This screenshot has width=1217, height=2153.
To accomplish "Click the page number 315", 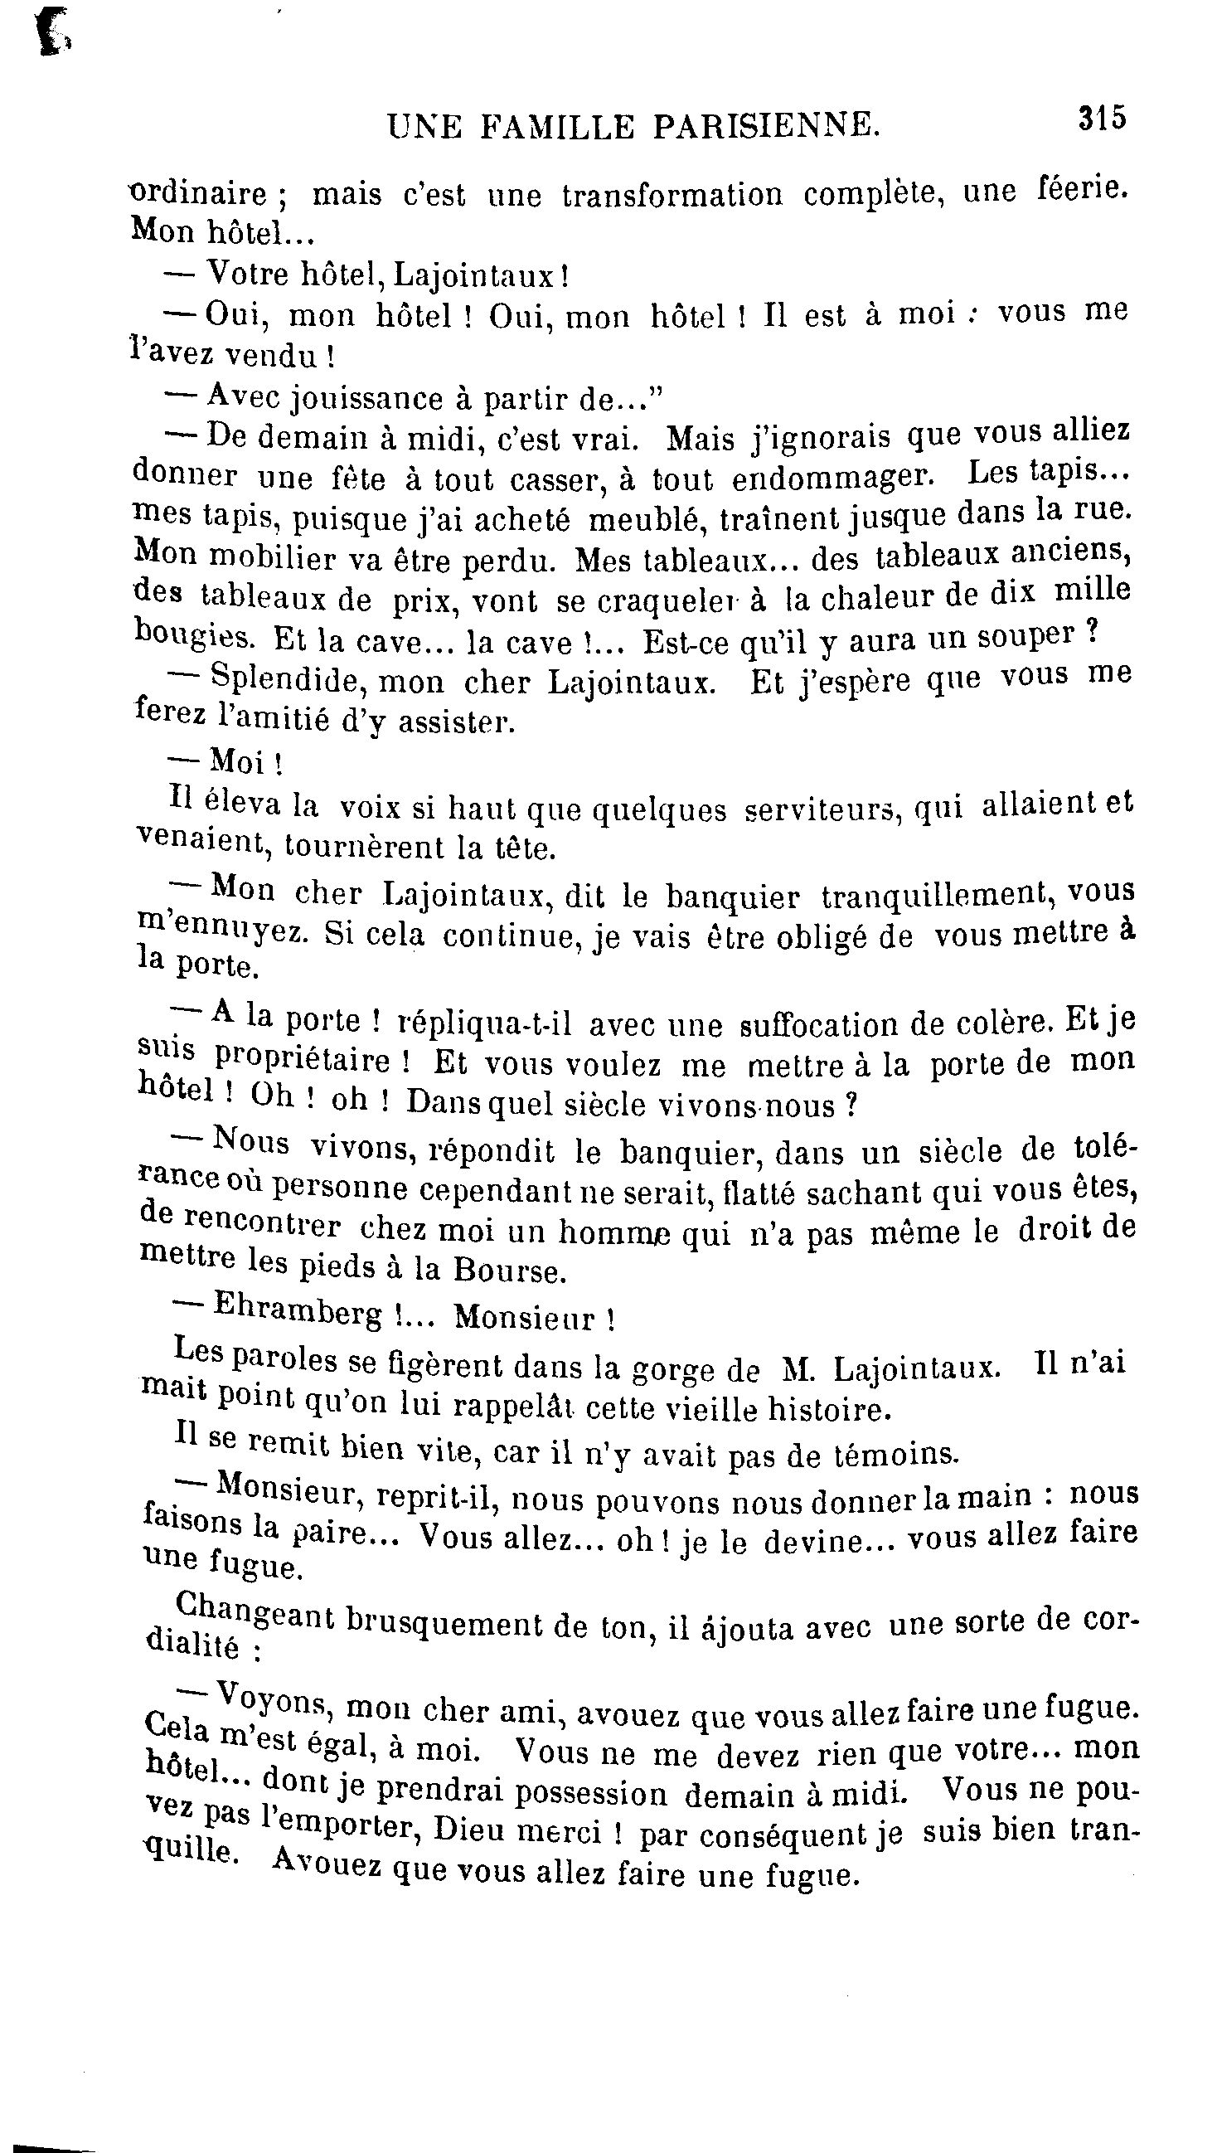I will pos(1102,118).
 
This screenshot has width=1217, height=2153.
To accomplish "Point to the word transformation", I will pos(672,195).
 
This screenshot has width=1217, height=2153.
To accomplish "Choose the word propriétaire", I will pos(303,1060).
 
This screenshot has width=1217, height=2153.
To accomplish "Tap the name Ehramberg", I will pos(298,1313).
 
